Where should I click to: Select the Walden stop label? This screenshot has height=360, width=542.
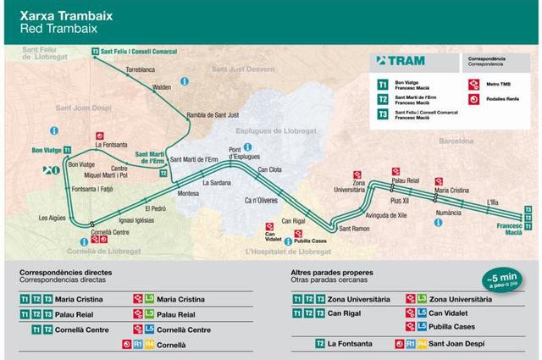click(x=163, y=86)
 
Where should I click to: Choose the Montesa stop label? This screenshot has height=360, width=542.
click(x=188, y=193)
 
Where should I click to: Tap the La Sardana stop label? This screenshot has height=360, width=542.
click(x=217, y=182)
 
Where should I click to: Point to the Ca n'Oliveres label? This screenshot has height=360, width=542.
click(x=261, y=200)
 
